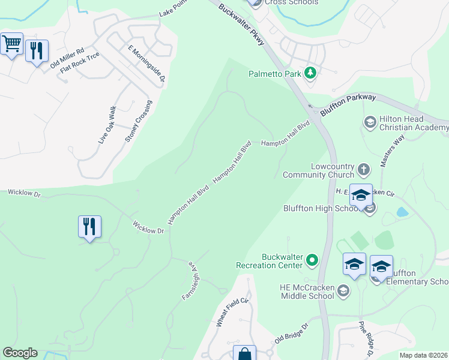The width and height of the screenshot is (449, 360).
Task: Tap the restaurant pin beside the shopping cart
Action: [37, 51]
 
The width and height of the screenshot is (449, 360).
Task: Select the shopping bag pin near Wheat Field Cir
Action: [245, 355]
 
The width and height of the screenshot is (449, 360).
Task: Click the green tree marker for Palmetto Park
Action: [310, 74]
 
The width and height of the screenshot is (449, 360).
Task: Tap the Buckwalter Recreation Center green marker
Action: [312, 260]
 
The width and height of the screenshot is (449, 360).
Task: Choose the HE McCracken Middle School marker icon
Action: [343, 292]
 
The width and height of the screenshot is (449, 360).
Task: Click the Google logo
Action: [20, 353]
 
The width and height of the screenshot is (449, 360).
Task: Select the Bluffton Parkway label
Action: [348, 104]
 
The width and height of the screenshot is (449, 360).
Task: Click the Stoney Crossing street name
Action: [139, 121]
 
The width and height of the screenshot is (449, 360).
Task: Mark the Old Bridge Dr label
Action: [291, 333]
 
